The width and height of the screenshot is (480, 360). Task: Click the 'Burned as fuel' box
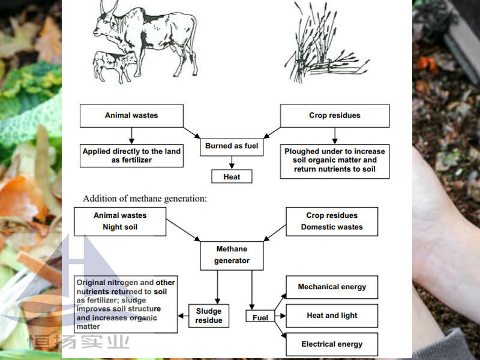pyautogui.click(x=232, y=147)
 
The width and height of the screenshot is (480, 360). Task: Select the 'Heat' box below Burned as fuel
pyautogui.click(x=232, y=176)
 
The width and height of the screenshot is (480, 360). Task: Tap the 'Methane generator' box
pyautogui.click(x=232, y=256)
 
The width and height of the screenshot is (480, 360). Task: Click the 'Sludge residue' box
pyautogui.click(x=209, y=316)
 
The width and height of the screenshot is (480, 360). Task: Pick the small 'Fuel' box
pyautogui.click(x=260, y=316)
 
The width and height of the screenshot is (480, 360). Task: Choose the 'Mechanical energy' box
pyautogui.click(x=332, y=287)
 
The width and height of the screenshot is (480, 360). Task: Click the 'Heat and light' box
pyautogui.click(x=332, y=316)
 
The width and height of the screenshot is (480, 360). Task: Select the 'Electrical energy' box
pyautogui.click(x=332, y=344)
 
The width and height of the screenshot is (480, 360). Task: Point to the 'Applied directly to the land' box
pyautogui.click(x=131, y=156)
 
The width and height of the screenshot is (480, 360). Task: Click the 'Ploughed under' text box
pyautogui.click(x=335, y=161)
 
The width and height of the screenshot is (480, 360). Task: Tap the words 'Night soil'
pyautogui.click(x=120, y=227)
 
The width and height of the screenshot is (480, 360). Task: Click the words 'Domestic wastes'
pyautogui.click(x=332, y=227)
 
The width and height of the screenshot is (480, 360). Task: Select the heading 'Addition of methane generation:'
pyautogui.click(x=145, y=199)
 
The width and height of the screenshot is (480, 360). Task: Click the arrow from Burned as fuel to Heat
pyautogui.click(x=232, y=163)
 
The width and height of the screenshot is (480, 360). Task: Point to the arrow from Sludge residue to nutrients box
pyautogui.click(x=183, y=316)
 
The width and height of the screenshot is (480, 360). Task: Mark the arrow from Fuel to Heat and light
pyautogui.click(x=280, y=316)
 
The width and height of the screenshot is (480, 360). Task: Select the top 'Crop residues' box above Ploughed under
pyautogui.click(x=335, y=116)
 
